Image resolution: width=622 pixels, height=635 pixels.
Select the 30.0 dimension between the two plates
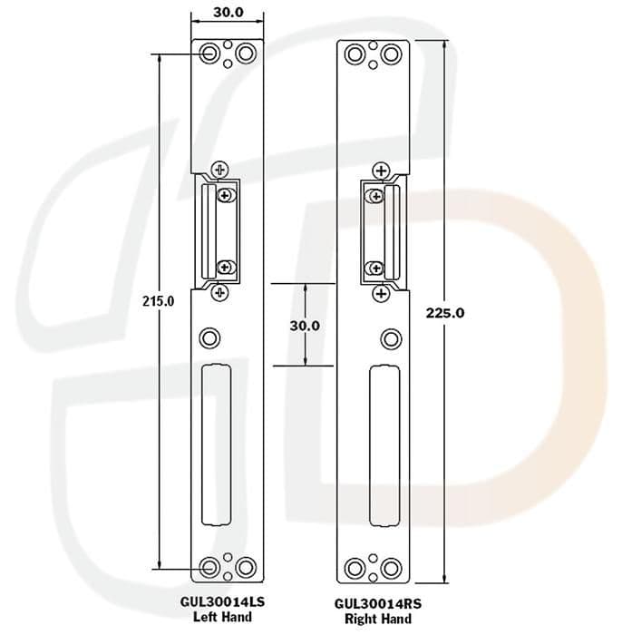click(305, 324)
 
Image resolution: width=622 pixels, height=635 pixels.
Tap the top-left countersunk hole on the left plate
click(209, 54)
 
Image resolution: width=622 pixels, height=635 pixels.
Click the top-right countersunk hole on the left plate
click(244, 54)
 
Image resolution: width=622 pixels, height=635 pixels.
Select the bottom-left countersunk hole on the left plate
click(209, 568)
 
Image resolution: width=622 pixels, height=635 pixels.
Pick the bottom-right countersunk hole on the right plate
click(391, 566)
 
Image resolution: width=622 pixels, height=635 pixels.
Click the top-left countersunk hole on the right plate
click(355, 55)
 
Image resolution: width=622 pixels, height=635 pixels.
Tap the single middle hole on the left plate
click(210, 337)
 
